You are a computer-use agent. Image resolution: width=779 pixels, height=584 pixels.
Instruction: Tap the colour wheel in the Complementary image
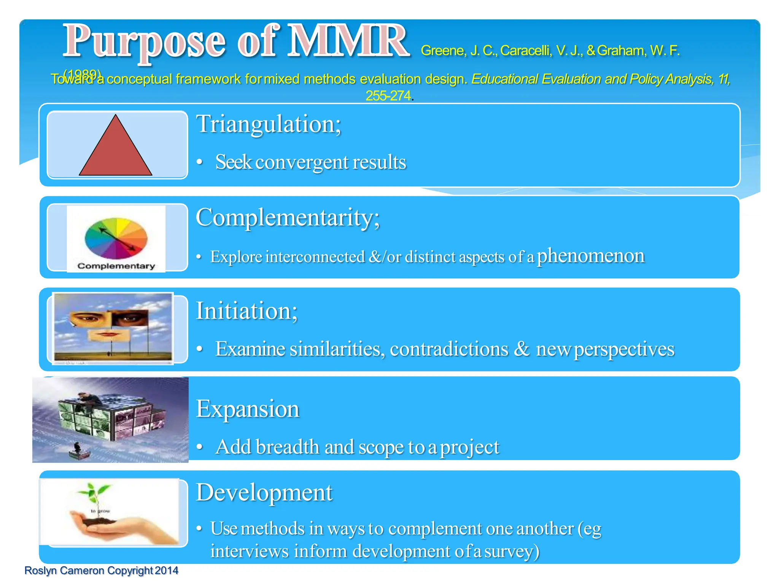tap(116, 238)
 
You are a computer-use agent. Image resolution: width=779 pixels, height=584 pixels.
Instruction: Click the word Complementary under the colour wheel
tap(116, 266)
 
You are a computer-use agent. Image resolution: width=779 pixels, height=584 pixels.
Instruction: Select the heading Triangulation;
tap(269, 124)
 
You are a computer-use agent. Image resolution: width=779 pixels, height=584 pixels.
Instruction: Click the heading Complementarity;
tap(288, 217)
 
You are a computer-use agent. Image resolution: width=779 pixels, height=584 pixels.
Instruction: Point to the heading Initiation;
tap(246, 311)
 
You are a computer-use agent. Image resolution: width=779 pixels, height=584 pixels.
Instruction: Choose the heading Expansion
tap(248, 409)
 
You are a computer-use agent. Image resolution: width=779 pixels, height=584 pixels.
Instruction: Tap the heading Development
tap(264, 493)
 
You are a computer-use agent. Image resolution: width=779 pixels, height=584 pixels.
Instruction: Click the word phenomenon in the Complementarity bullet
tap(590, 255)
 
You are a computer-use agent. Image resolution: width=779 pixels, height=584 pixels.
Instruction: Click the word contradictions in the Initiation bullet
tap(449, 349)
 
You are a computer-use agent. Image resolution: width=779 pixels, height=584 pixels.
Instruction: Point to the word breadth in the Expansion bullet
tap(287, 447)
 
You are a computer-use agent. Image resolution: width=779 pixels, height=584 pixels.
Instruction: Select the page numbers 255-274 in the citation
tap(388, 96)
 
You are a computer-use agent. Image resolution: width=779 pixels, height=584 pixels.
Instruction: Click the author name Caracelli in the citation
tap(525, 51)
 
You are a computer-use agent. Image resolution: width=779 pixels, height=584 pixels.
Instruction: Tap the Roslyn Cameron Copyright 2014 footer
tap(101, 571)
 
